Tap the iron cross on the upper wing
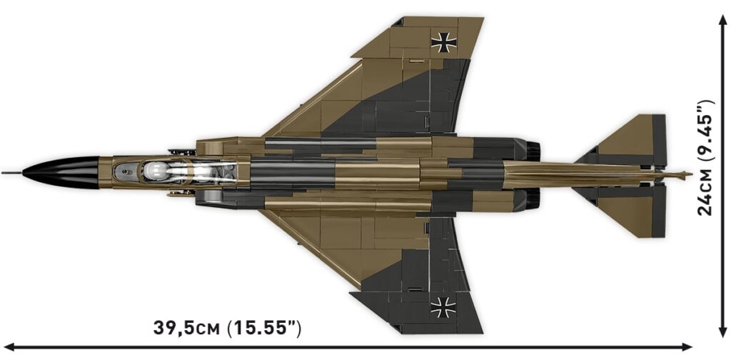click(x=444, y=41)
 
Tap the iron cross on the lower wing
click(x=442, y=309)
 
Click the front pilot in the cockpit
click(x=156, y=172)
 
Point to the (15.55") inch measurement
click(x=264, y=329)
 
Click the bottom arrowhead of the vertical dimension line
click(x=720, y=335)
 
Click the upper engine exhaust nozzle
click(x=532, y=151)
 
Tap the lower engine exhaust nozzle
click(x=532, y=199)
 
